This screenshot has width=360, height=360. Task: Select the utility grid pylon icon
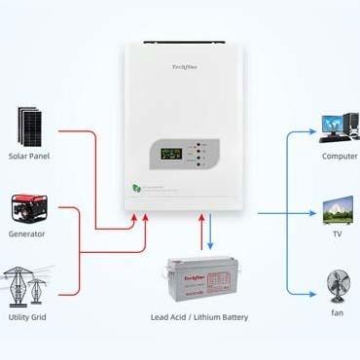(x=28, y=286)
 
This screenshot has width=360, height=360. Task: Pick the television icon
(x=337, y=211)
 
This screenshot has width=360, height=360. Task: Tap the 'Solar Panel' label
(x=28, y=156)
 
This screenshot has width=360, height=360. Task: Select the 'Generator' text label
(x=28, y=234)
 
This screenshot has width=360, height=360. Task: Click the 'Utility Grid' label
(x=28, y=316)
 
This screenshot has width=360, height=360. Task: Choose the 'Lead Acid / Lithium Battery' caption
(x=198, y=317)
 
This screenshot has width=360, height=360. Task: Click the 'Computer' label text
(x=339, y=156)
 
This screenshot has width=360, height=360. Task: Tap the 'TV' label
(x=338, y=234)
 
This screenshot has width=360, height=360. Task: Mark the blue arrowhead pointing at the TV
(x=316, y=211)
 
